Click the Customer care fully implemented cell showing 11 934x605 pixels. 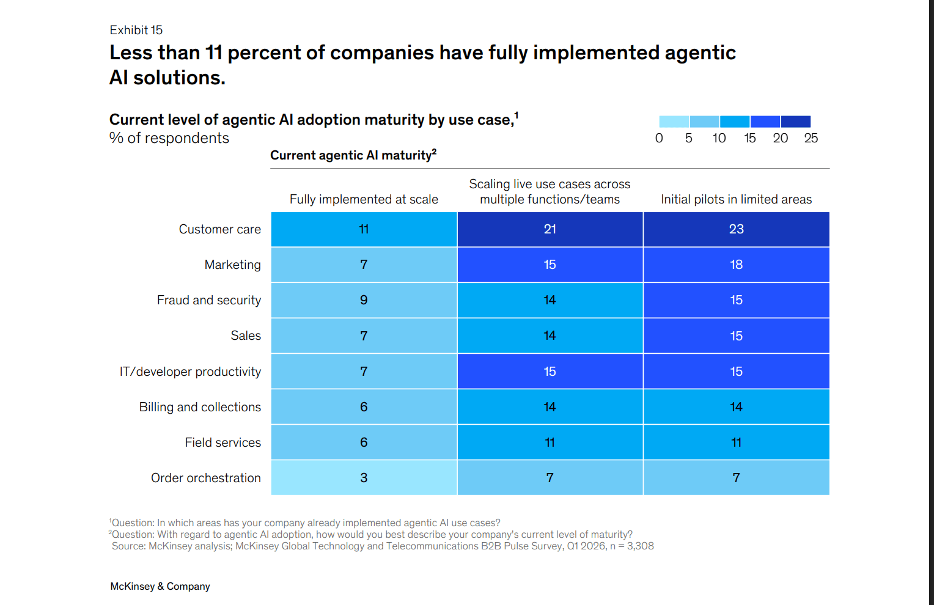pos(364,229)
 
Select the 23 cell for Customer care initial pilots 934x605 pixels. pos(736,229)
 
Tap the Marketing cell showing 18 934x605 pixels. pos(736,265)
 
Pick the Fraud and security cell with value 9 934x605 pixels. pos(364,300)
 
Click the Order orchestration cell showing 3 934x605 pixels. pos(364,478)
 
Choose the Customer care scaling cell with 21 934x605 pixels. pos(550,229)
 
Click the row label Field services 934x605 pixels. pos(222,442)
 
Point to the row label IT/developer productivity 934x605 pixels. pos(190,372)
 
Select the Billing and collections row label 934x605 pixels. pos(200,407)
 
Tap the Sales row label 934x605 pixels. pos(246,335)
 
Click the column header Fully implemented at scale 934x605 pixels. pos(364,199)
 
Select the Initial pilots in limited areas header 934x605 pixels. pos(736,199)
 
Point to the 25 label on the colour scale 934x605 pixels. pos(811,138)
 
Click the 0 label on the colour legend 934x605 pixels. pos(659,138)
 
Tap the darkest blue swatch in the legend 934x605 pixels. pos(796,121)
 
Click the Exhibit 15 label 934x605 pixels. pos(136,30)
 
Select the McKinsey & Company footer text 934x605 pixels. pos(160,586)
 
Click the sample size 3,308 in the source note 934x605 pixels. pos(640,546)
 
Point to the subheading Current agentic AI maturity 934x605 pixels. pos(353,155)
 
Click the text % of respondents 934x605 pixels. pos(169,138)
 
